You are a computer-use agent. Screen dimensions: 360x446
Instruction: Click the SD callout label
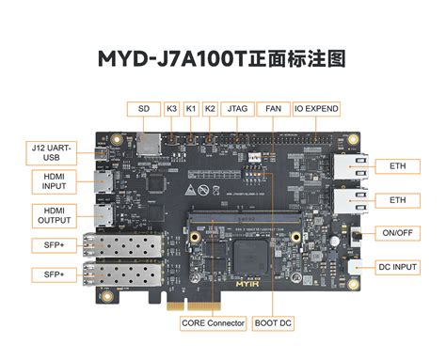pyautogui.click(x=143, y=108)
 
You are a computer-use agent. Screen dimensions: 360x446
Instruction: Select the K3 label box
pyautogui.click(x=172, y=108)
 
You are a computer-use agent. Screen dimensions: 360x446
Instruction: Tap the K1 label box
pyautogui.click(x=192, y=108)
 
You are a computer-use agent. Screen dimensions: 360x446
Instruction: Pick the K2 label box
pyautogui.click(x=211, y=108)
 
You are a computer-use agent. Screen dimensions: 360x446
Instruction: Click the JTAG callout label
pyautogui.click(x=238, y=108)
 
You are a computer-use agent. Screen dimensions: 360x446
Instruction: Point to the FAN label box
pyautogui.click(x=273, y=108)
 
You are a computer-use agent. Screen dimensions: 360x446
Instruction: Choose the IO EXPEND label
pyautogui.click(x=318, y=108)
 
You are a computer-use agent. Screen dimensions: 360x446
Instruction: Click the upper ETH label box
pyautogui.click(x=397, y=166)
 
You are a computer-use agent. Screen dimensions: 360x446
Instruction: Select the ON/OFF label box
pyautogui.click(x=397, y=232)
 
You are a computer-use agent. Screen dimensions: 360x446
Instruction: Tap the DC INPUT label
pyautogui.click(x=397, y=267)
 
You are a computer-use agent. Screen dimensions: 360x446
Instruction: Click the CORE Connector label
pyautogui.click(x=213, y=323)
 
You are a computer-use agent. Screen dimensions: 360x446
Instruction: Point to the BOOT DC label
pyautogui.click(x=273, y=323)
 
